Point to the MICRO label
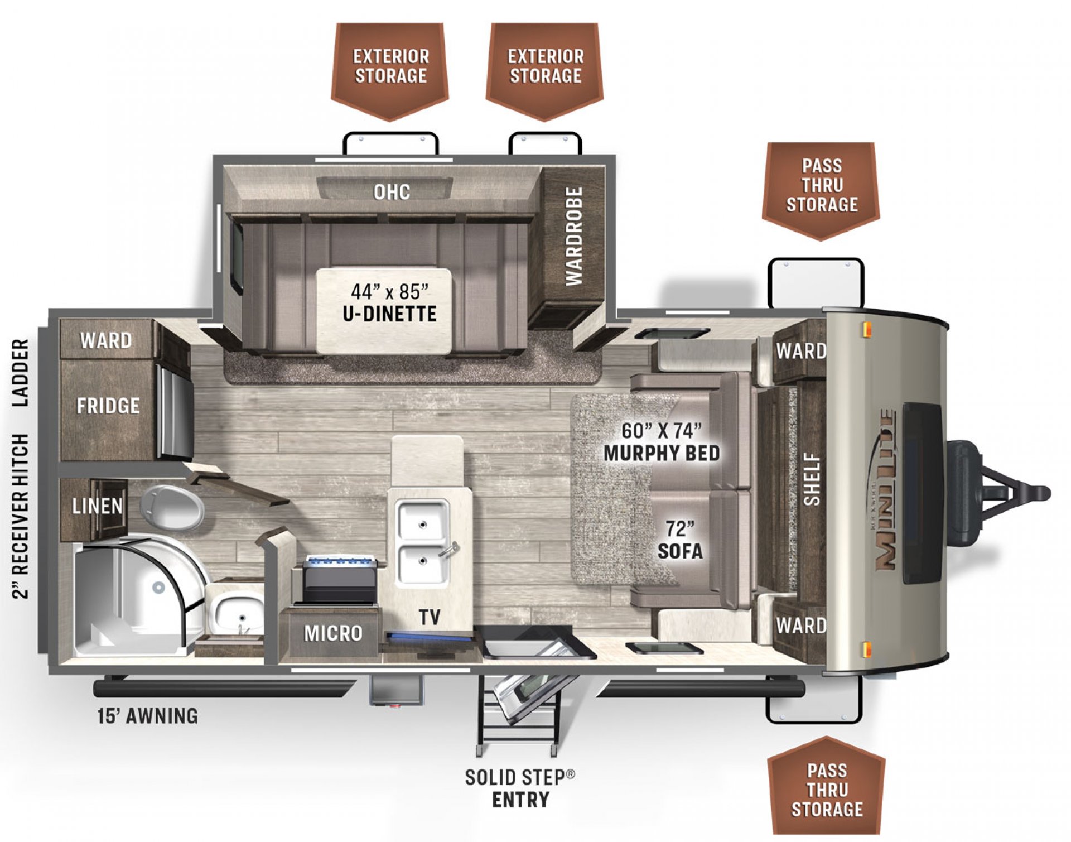[333, 633]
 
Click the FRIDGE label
[108, 406]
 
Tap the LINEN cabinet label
[97, 506]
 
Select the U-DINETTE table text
[389, 313]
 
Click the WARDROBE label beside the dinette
[573, 236]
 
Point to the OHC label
[392, 192]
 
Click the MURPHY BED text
[662, 453]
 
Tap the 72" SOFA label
[680, 540]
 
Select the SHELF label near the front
[812, 479]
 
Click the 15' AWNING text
[147, 716]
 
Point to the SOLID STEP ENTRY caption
[520, 788]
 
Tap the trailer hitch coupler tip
[1042, 493]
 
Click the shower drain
[158, 587]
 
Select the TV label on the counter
[430, 617]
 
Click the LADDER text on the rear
[20, 373]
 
